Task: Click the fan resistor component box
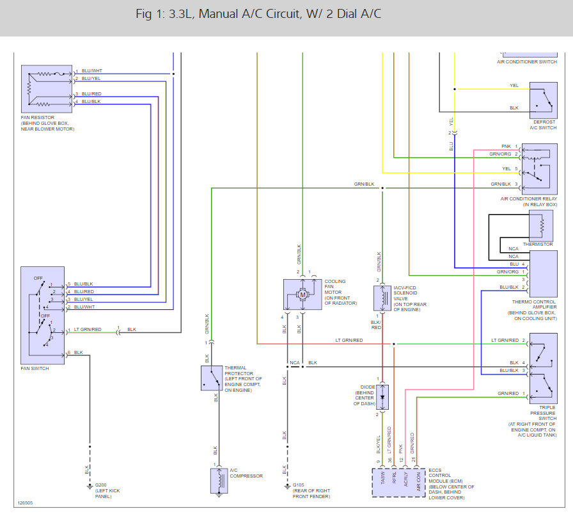[x=47, y=89]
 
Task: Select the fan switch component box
[x=42, y=316]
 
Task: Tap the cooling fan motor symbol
[x=302, y=294]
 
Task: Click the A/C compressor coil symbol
[x=219, y=481]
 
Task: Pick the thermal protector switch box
[x=212, y=378]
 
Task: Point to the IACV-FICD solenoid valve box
[x=382, y=298]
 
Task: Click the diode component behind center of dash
[x=382, y=397]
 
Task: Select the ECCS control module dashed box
[x=398, y=482]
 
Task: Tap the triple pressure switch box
[x=544, y=369]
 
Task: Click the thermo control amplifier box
[x=544, y=274]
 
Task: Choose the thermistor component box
[x=541, y=225]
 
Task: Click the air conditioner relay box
[x=540, y=169]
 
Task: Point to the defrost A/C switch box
[x=544, y=100]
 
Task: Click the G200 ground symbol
[x=90, y=487]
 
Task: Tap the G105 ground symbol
[x=287, y=487]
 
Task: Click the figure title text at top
[x=258, y=14]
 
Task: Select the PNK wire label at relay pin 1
[x=506, y=147]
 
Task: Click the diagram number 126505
[x=25, y=503]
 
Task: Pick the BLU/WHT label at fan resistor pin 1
[x=91, y=70]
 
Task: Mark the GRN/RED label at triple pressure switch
[x=508, y=394]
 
